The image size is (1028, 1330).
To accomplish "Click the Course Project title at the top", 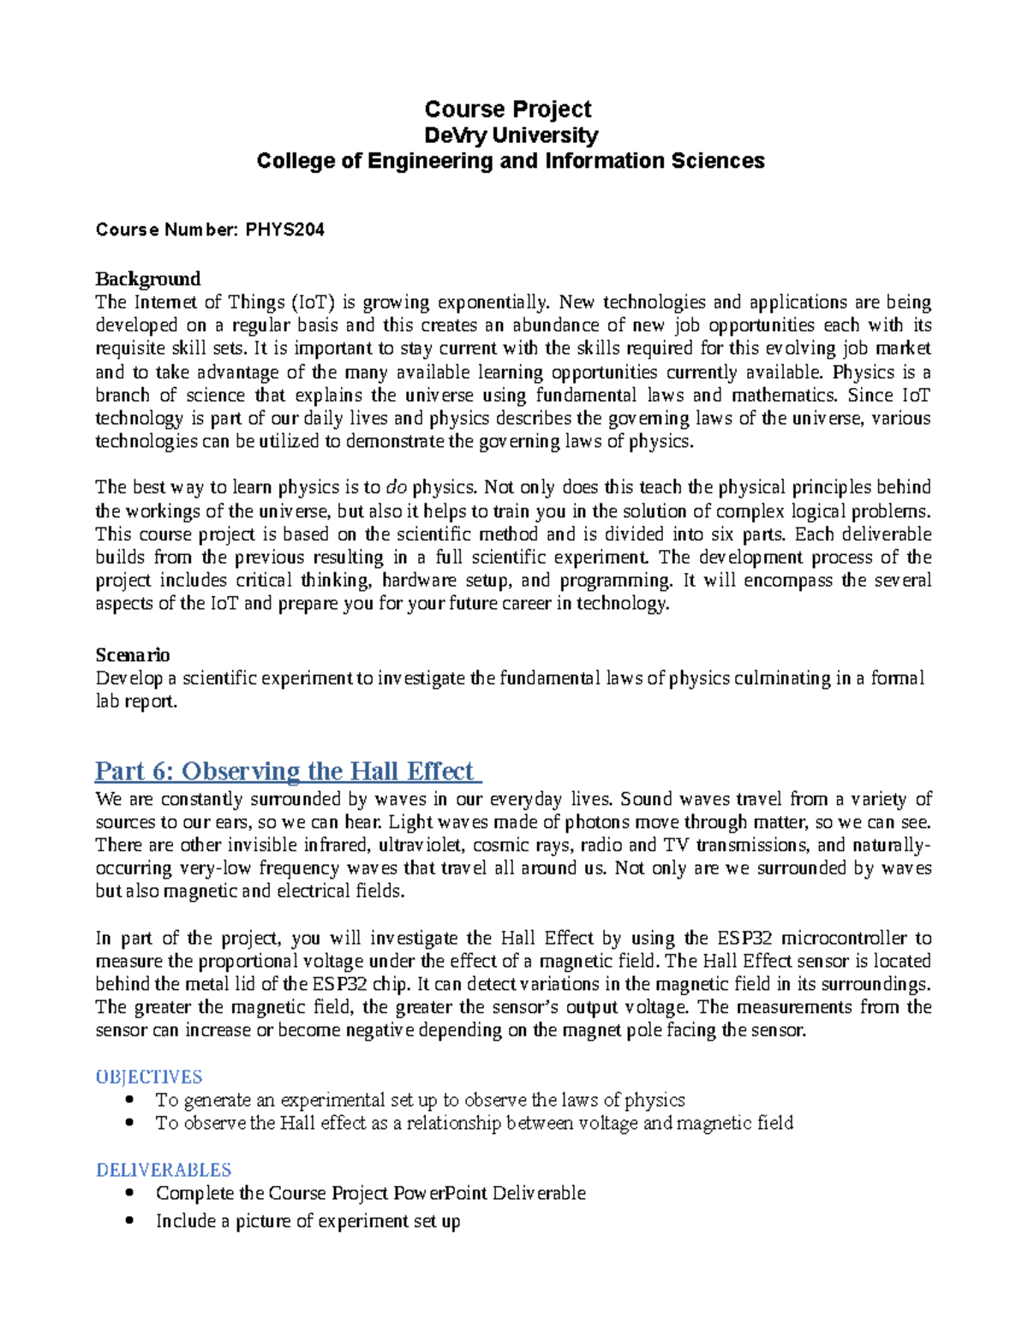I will (x=508, y=110).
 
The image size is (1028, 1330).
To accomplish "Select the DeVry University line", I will (x=511, y=135).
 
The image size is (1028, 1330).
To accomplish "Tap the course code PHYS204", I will (x=284, y=230).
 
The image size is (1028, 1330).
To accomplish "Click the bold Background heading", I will (x=147, y=279).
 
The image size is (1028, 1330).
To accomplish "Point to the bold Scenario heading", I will (x=132, y=655).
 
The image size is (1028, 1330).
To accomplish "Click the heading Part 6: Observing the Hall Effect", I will (x=288, y=771).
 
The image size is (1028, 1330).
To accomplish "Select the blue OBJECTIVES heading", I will (x=149, y=1077).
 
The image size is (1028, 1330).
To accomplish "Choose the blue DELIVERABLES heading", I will (x=164, y=1170).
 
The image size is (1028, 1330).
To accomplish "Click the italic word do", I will (x=396, y=487).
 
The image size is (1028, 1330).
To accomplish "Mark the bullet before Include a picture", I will (x=129, y=1220).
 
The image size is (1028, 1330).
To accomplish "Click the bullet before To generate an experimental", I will (x=129, y=1100).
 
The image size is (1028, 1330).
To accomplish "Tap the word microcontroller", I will (x=846, y=938).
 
